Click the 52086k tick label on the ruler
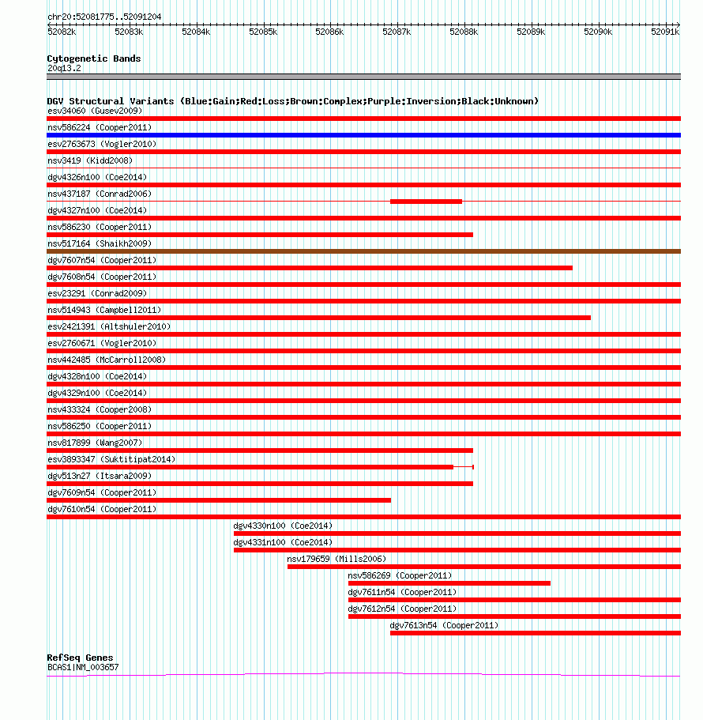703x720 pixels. click(329, 32)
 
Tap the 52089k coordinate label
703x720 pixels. click(531, 32)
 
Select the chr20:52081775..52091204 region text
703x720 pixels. click(104, 17)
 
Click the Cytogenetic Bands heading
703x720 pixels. click(94, 58)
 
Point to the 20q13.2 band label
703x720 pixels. click(64, 69)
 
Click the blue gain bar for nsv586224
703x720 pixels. click(363, 135)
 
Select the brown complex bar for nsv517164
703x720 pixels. click(363, 251)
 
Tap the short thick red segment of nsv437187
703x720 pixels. click(426, 201)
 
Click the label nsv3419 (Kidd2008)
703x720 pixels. click(90, 160)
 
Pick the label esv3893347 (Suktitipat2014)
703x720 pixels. click(111, 460)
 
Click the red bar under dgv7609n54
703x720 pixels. click(219, 500)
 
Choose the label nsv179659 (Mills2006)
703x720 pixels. click(336, 560)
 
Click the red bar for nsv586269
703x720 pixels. click(449, 583)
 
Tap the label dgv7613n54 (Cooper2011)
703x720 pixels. click(444, 625)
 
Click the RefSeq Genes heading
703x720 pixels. click(80, 658)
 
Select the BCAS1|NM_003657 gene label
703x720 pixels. click(83, 667)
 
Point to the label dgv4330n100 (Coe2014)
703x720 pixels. click(283, 526)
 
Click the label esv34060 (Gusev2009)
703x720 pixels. click(95, 111)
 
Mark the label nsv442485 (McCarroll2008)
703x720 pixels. click(107, 360)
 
